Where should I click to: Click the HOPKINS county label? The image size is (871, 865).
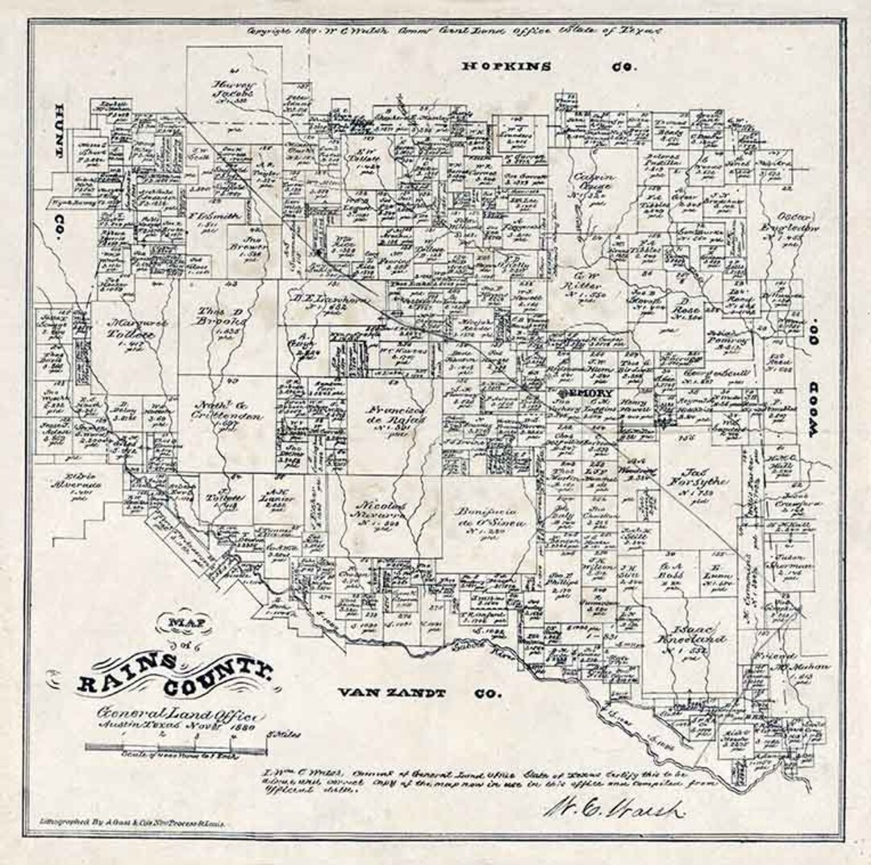(x=506, y=67)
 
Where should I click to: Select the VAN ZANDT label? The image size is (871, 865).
(x=383, y=692)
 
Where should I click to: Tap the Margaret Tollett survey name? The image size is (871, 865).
(x=130, y=331)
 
